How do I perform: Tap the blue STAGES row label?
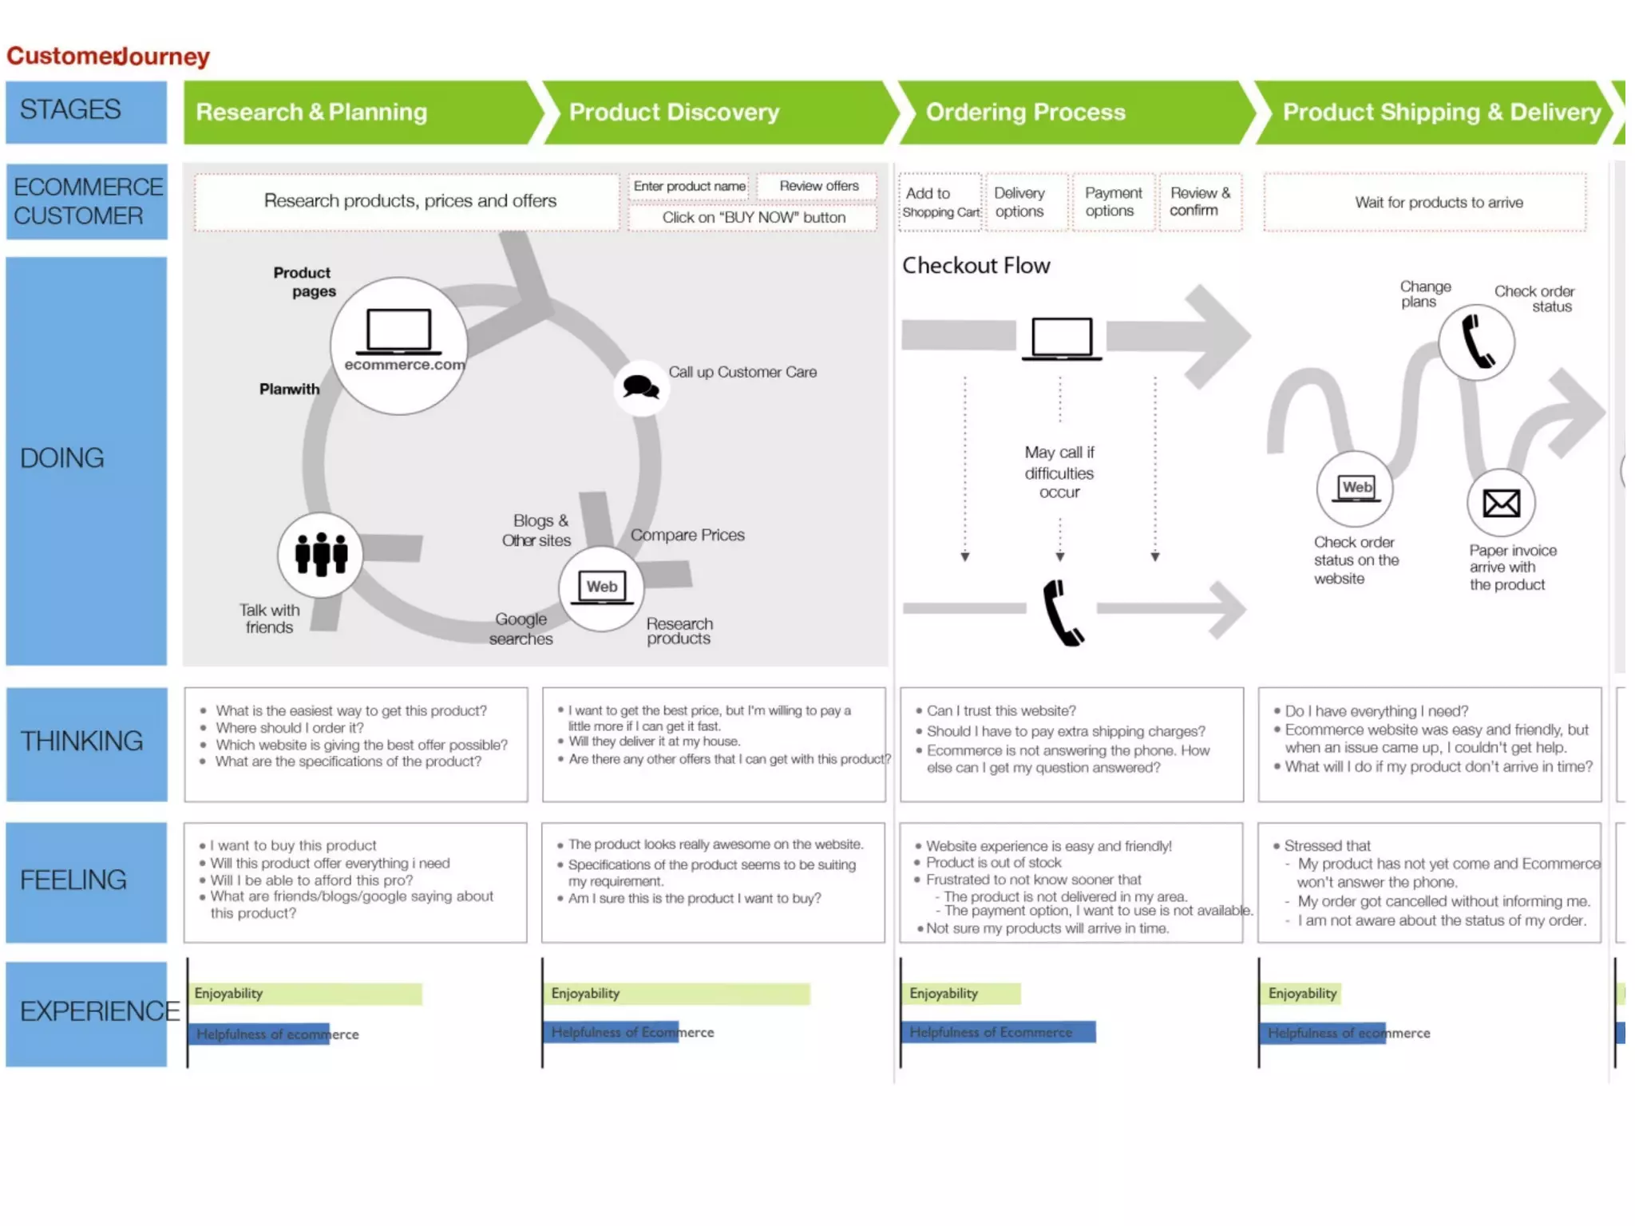coord(86,111)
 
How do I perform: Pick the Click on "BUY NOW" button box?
coord(753,218)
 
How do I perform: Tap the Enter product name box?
coord(689,187)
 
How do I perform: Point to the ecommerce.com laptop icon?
coord(398,331)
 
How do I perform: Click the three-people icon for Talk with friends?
coord(321,554)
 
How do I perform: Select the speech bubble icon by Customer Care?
coord(640,388)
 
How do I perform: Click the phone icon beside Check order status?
coord(1477,342)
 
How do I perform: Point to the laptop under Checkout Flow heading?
coord(1061,338)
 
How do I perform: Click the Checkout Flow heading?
coord(976,266)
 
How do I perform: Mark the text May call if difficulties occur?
coord(1059,473)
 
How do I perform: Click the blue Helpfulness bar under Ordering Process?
coord(998,1032)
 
